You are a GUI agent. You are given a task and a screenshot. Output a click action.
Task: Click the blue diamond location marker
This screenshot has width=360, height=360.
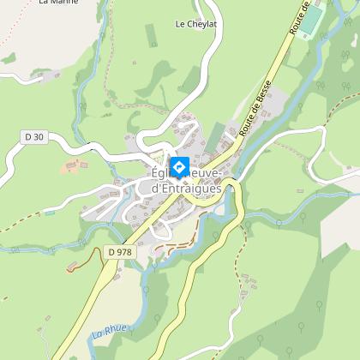tap(180, 166)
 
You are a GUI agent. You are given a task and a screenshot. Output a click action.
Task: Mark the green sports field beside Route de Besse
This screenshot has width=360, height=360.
tap(312, 19)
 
